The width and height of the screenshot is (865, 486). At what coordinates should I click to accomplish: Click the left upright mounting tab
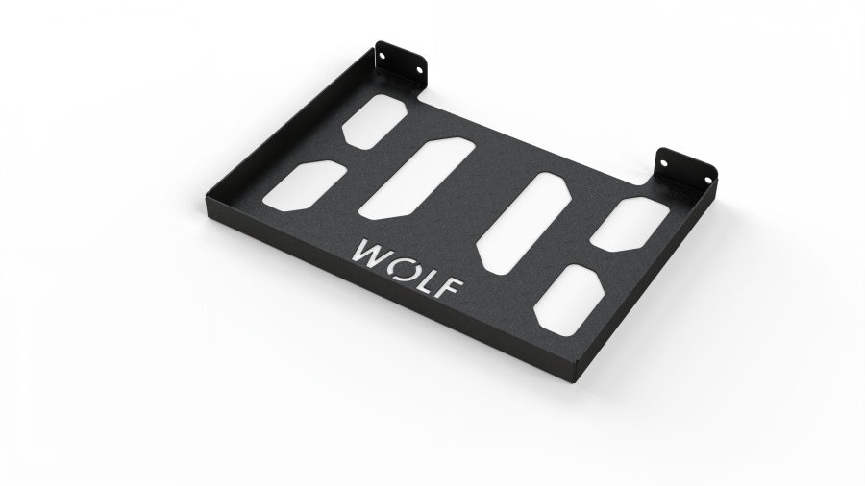(x=401, y=63)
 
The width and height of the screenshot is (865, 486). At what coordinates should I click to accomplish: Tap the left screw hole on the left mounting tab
(x=383, y=54)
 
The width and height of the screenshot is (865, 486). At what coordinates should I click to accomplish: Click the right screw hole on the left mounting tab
(x=419, y=70)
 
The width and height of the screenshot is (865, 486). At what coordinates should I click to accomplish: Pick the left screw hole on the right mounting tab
(x=664, y=163)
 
